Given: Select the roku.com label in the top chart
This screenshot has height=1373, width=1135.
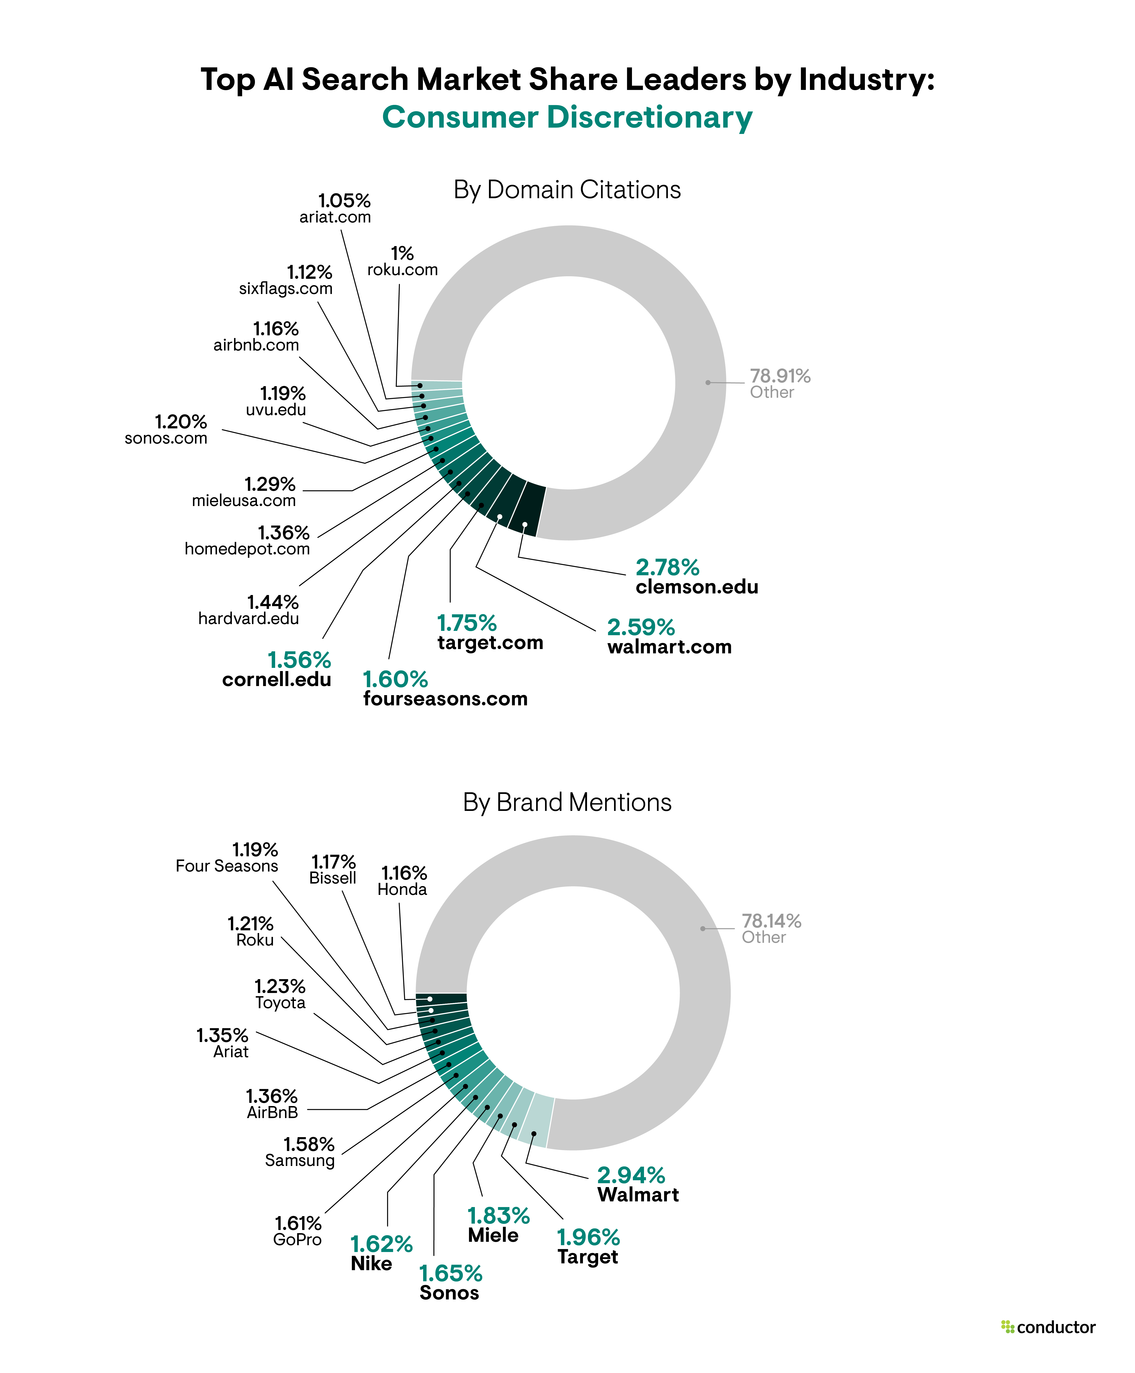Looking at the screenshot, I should pyautogui.click(x=402, y=270).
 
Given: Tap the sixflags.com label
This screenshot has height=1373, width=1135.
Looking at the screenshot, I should pyautogui.click(x=286, y=289).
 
